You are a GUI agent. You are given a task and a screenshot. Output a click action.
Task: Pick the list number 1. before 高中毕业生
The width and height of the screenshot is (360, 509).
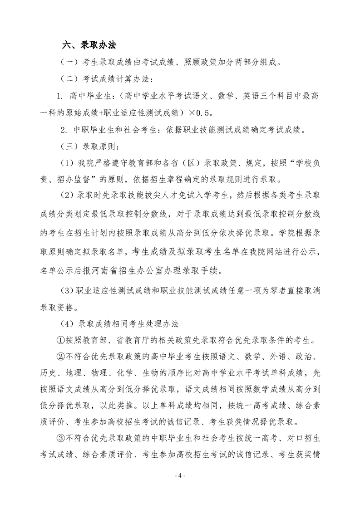pyautogui.click(x=59, y=97)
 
